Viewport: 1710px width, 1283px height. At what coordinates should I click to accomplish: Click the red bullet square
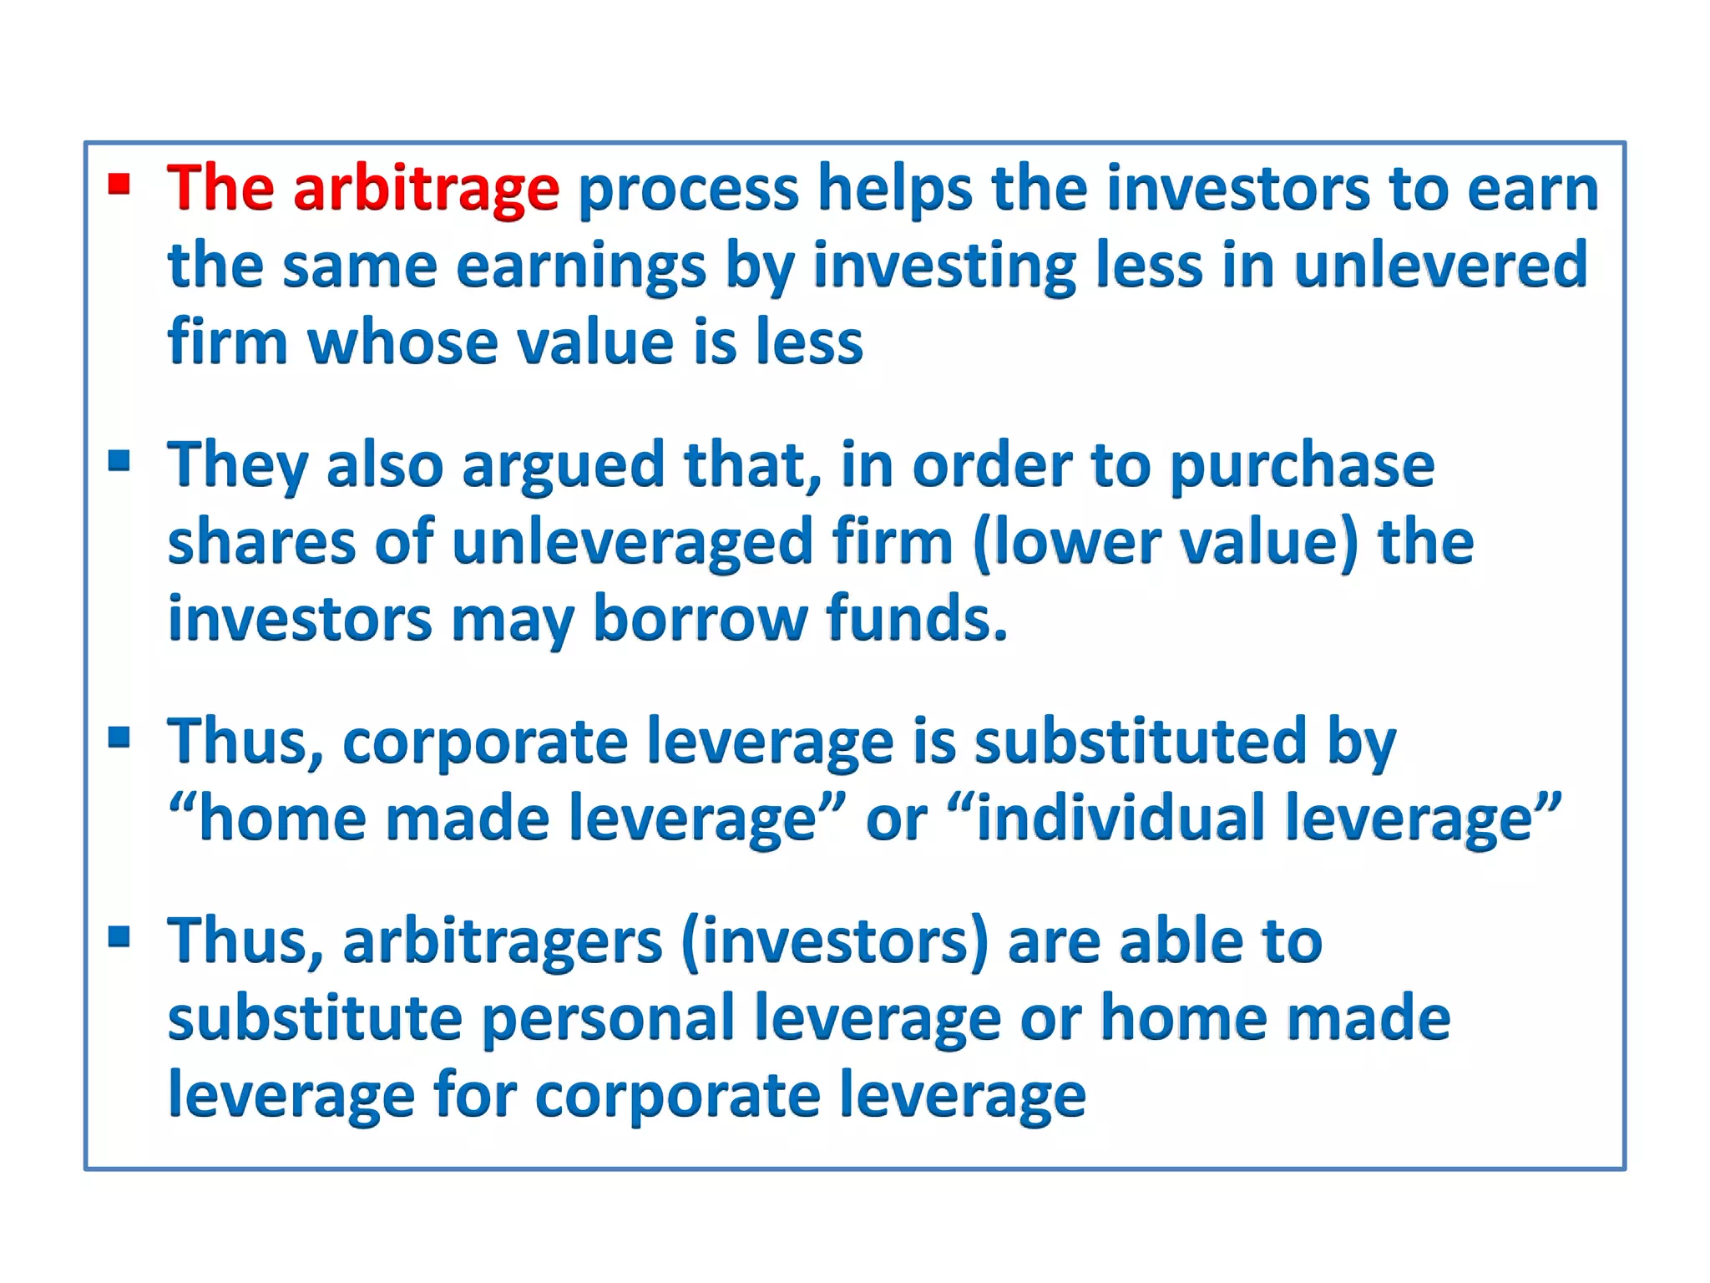pyautogui.click(x=119, y=184)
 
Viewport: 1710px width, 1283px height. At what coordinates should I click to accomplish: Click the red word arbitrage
pyautogui.click(x=426, y=190)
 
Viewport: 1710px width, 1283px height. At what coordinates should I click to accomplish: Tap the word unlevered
pyautogui.click(x=1440, y=266)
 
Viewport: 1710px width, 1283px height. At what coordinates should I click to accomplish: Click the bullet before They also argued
pyautogui.click(x=119, y=460)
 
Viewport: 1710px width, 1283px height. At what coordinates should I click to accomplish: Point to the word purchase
pyautogui.click(x=1302, y=466)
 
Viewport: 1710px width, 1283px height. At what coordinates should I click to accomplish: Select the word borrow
pyautogui.click(x=700, y=620)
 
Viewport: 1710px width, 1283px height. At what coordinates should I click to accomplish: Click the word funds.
pyautogui.click(x=916, y=620)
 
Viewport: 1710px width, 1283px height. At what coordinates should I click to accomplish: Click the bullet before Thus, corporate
pyautogui.click(x=119, y=737)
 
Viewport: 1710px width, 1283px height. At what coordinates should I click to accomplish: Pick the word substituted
pyautogui.click(x=1140, y=742)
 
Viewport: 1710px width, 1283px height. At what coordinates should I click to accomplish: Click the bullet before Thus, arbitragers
pyautogui.click(x=119, y=936)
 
